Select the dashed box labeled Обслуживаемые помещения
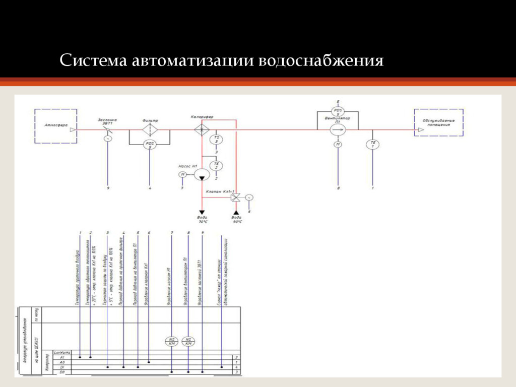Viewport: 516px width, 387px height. pyautogui.click(x=438, y=122)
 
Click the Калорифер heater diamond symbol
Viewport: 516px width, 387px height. pyautogui.click(x=202, y=130)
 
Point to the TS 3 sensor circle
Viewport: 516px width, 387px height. pyautogui.click(x=217, y=140)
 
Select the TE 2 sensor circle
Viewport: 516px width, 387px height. pyautogui.click(x=217, y=166)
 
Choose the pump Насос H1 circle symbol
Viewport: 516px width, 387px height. pyautogui.click(x=202, y=174)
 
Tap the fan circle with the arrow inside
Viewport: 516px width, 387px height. pyautogui.click(x=338, y=130)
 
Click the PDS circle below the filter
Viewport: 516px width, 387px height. pyautogui.click(x=150, y=145)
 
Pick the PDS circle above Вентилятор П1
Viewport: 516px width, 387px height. pyautogui.click(x=338, y=110)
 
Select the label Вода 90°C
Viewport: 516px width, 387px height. pyautogui.click(x=237, y=220)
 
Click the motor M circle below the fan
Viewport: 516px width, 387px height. pyautogui.click(x=338, y=145)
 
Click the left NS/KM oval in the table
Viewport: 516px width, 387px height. pyautogui.click(x=172, y=341)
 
